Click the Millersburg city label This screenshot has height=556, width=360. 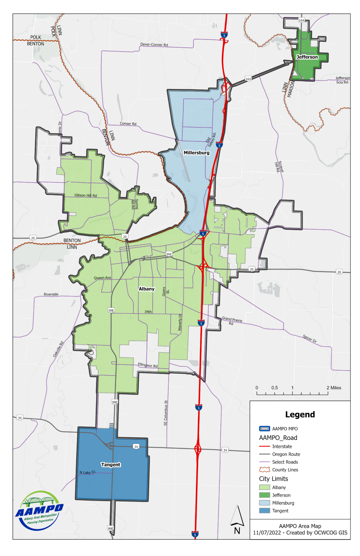click(196, 153)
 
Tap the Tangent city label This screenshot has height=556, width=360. click(111, 465)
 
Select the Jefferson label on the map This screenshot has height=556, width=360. click(307, 57)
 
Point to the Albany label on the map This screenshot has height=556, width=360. click(147, 289)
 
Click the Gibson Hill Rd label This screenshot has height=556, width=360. click(86, 195)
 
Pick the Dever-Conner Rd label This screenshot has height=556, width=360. click(154, 45)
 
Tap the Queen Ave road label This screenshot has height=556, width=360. click(102, 278)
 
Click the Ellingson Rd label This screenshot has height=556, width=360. click(148, 365)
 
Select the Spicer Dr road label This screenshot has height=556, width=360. click(310, 339)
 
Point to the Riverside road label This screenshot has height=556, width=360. click(51, 295)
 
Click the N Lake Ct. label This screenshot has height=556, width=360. click(88, 472)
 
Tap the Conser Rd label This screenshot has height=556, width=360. click(128, 124)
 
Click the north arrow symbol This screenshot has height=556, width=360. click(237, 519)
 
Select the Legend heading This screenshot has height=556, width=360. click(300, 415)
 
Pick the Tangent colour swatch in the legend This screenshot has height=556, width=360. click(265, 511)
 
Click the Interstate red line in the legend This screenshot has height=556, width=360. click(265, 447)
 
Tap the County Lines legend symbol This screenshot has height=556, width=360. click(265, 470)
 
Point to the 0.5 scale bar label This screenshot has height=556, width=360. click(274, 388)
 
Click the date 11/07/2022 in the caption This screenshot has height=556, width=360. click(266, 533)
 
